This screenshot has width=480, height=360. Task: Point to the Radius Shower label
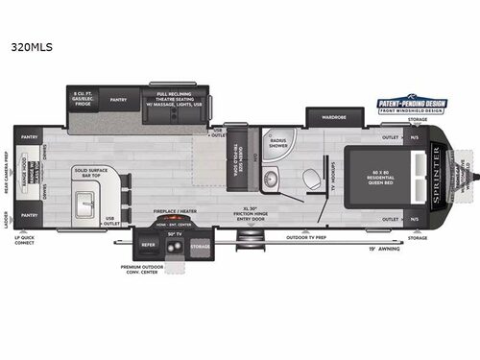coord(278,145)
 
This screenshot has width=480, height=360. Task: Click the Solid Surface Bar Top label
coord(90,175)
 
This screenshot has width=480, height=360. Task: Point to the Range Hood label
coord(36,179)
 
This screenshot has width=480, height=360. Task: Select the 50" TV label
coord(175,234)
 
